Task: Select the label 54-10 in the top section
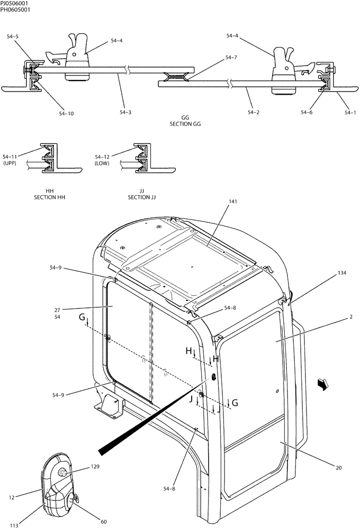(x=66, y=113)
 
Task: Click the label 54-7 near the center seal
(x=231, y=57)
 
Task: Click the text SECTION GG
(x=185, y=124)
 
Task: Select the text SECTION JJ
(x=142, y=197)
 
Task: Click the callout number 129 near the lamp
(x=95, y=467)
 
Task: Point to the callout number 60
(x=104, y=522)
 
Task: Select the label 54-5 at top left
(x=13, y=37)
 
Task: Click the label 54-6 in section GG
(x=307, y=112)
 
